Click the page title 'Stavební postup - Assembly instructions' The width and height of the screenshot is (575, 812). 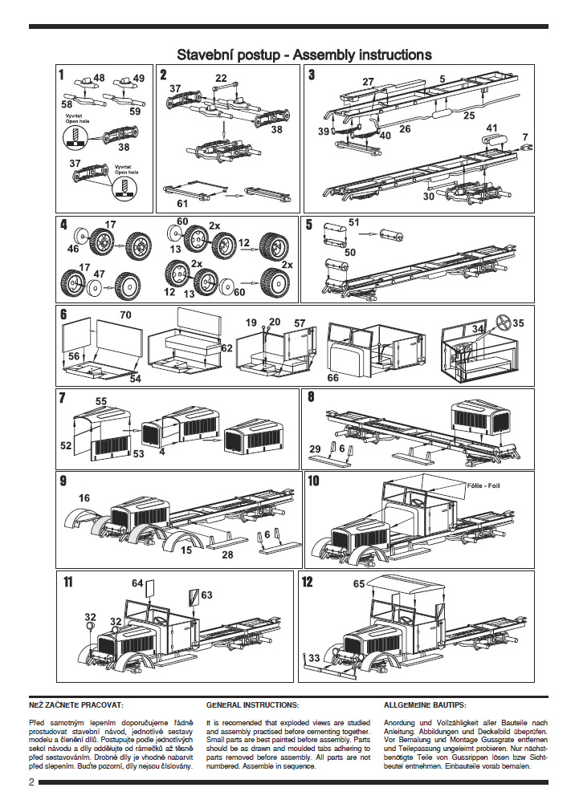pos(304,55)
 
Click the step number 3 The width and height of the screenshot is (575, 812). pos(312,76)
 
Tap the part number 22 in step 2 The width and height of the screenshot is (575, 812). pos(221,78)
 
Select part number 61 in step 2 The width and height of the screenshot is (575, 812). pos(182,204)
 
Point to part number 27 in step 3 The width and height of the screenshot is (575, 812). pos(368,82)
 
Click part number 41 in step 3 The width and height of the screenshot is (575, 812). pos(492,128)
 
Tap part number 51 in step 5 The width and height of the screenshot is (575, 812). pos(354,222)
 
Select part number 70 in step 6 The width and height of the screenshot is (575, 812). pos(125,315)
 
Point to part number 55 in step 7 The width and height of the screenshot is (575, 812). pos(101,400)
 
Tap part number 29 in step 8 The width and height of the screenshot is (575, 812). pos(315,448)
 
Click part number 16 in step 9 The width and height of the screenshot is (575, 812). pos(84,498)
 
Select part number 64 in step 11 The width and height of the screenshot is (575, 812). pos(137,583)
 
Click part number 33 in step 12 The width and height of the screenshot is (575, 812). pos(315,657)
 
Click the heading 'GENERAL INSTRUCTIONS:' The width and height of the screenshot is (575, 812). pos(252,704)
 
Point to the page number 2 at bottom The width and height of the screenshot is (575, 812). pos(31,782)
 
